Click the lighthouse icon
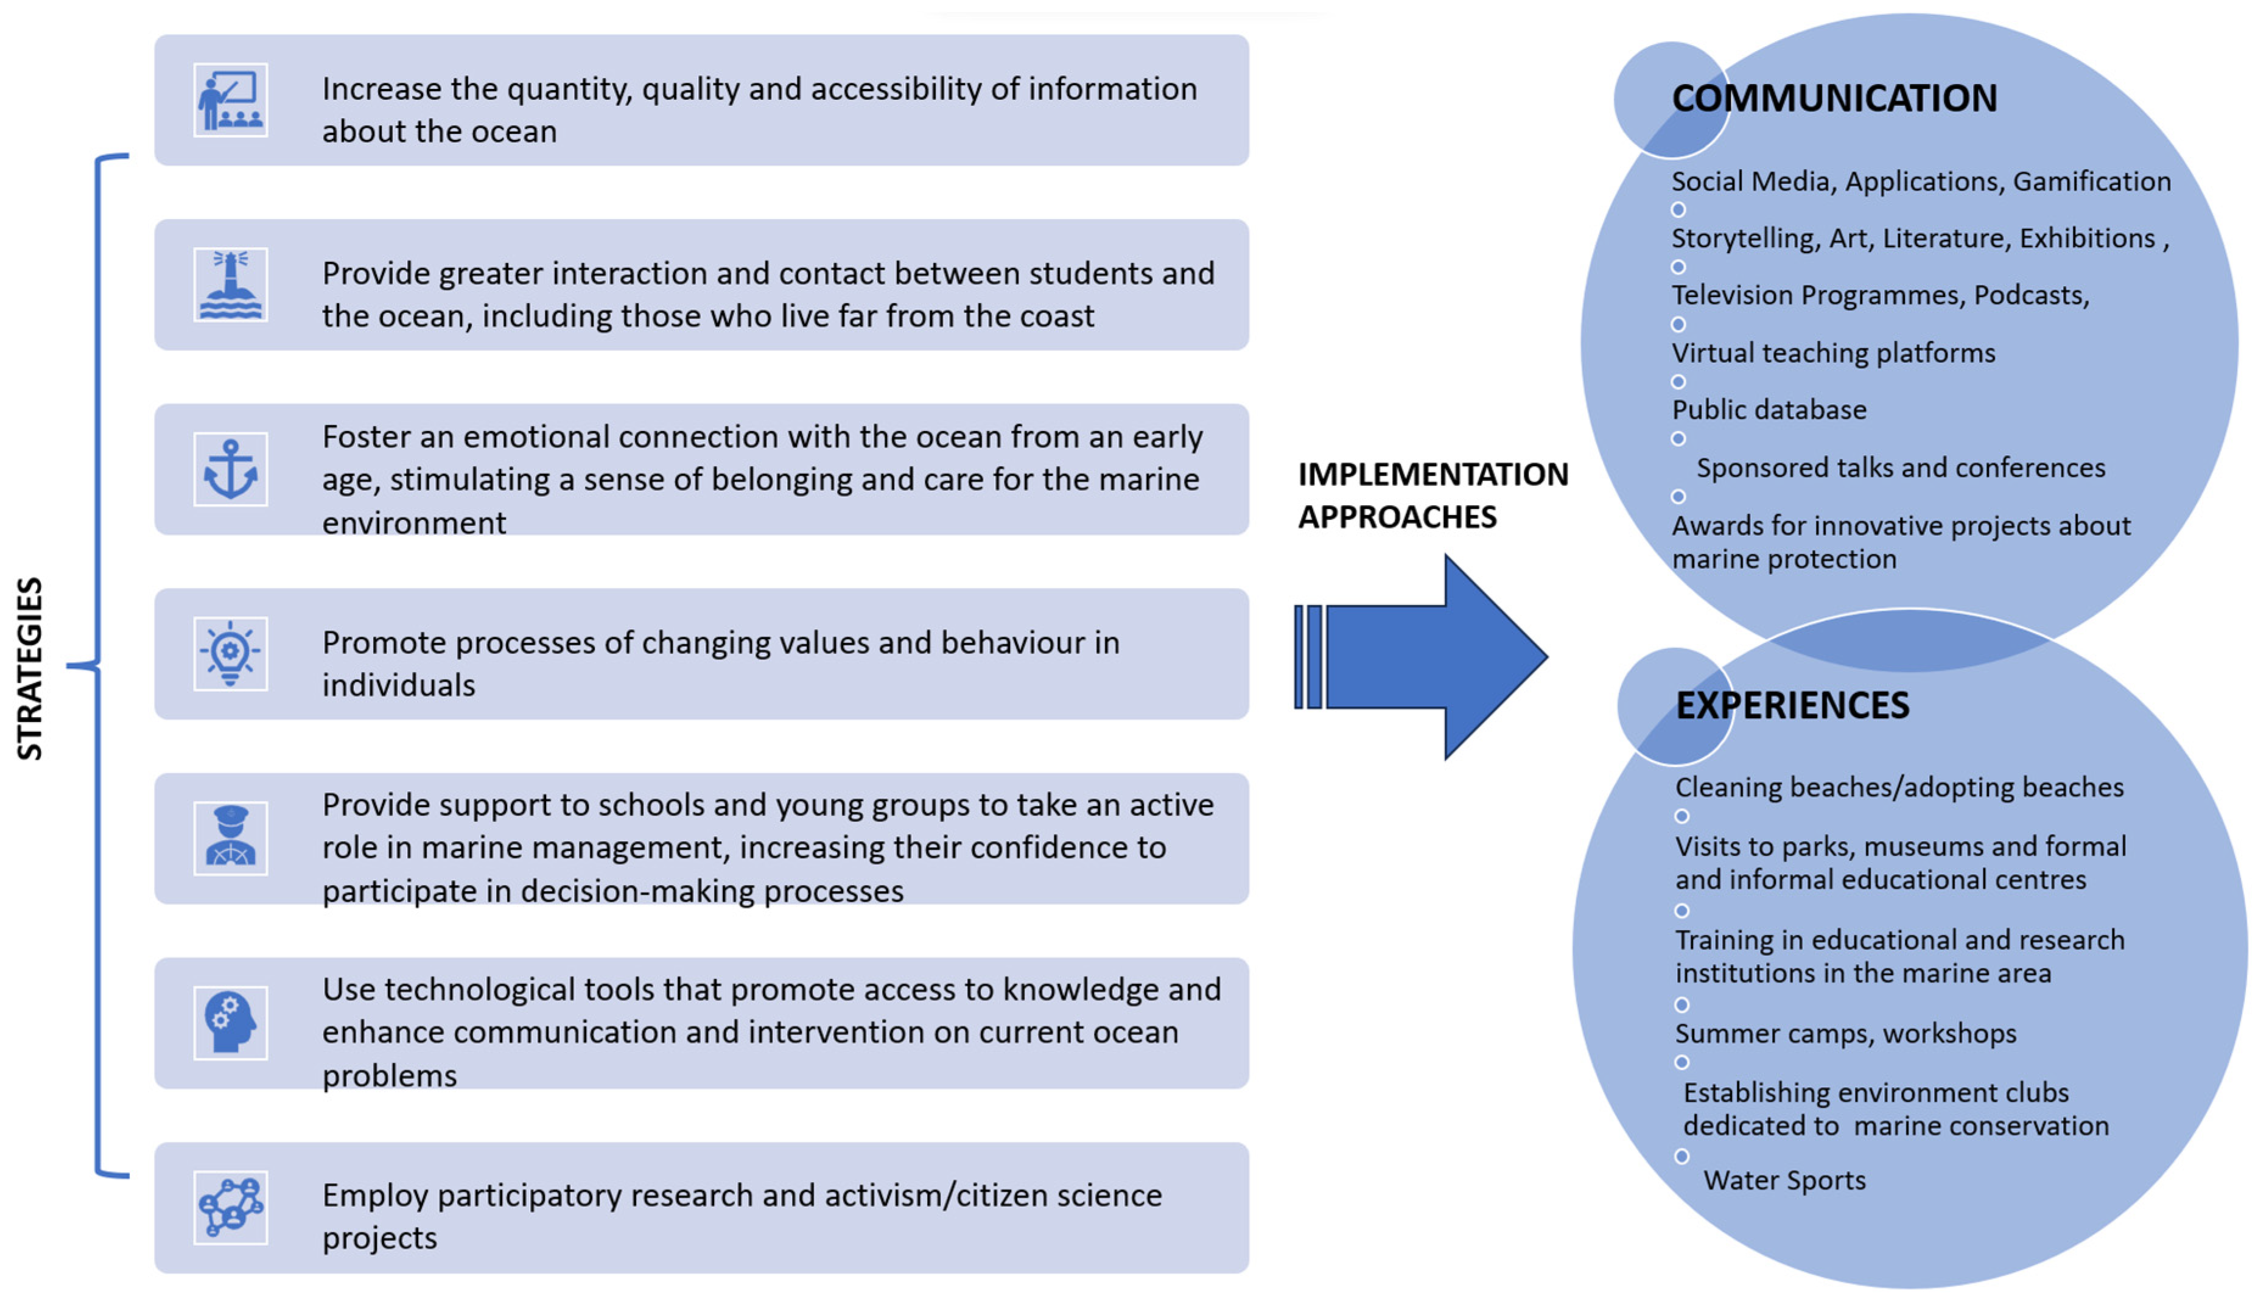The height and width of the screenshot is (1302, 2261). [230, 284]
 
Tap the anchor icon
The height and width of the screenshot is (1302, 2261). [230, 469]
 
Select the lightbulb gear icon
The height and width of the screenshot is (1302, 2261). [230, 654]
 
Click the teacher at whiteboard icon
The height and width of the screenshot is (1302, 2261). [230, 100]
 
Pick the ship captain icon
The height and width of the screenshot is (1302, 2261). [230, 838]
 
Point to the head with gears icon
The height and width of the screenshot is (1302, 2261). [230, 1023]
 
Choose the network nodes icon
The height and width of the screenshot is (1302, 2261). [230, 1207]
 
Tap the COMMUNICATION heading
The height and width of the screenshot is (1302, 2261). [1834, 99]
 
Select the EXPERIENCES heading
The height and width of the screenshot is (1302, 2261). [1792, 705]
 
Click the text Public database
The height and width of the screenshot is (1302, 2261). [1769, 410]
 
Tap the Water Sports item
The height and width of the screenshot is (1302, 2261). [1784, 1180]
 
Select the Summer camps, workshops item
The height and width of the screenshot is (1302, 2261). [1845, 1034]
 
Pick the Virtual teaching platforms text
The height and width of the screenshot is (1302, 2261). [1834, 352]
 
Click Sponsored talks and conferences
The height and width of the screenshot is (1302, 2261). [1901, 467]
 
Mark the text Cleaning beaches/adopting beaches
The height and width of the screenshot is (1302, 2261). [1899, 787]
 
